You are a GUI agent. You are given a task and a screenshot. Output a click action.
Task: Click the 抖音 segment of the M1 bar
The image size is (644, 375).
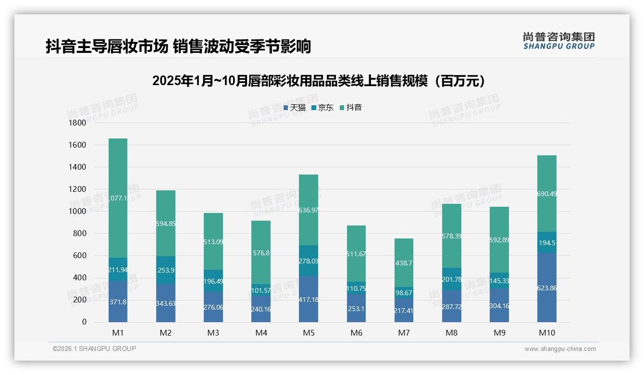click(118, 198)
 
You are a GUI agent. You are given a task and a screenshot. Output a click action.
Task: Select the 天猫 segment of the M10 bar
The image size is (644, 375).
click(547, 287)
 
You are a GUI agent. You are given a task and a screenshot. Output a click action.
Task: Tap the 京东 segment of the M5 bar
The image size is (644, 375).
click(308, 261)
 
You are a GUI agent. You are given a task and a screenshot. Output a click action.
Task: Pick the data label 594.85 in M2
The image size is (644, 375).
click(165, 224)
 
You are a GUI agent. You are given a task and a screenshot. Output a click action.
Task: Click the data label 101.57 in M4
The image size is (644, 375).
click(260, 290)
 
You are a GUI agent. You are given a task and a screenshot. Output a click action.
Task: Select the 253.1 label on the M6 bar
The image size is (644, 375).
click(356, 309)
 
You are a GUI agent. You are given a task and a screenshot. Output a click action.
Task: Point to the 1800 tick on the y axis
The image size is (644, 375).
click(77, 123)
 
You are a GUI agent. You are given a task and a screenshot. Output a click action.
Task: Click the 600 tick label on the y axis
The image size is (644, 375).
click(79, 256)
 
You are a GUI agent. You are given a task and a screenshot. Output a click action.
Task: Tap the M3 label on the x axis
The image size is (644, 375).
click(213, 333)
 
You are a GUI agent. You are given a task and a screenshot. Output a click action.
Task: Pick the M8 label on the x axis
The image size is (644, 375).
click(451, 333)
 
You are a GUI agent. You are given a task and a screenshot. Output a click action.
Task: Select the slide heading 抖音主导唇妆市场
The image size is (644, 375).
click(178, 46)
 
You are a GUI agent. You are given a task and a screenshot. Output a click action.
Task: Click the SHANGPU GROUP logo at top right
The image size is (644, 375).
click(558, 40)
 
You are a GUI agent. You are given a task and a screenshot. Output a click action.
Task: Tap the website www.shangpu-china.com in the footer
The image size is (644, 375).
click(560, 349)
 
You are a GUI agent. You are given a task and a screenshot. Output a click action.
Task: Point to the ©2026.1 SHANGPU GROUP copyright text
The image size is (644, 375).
click(94, 349)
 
